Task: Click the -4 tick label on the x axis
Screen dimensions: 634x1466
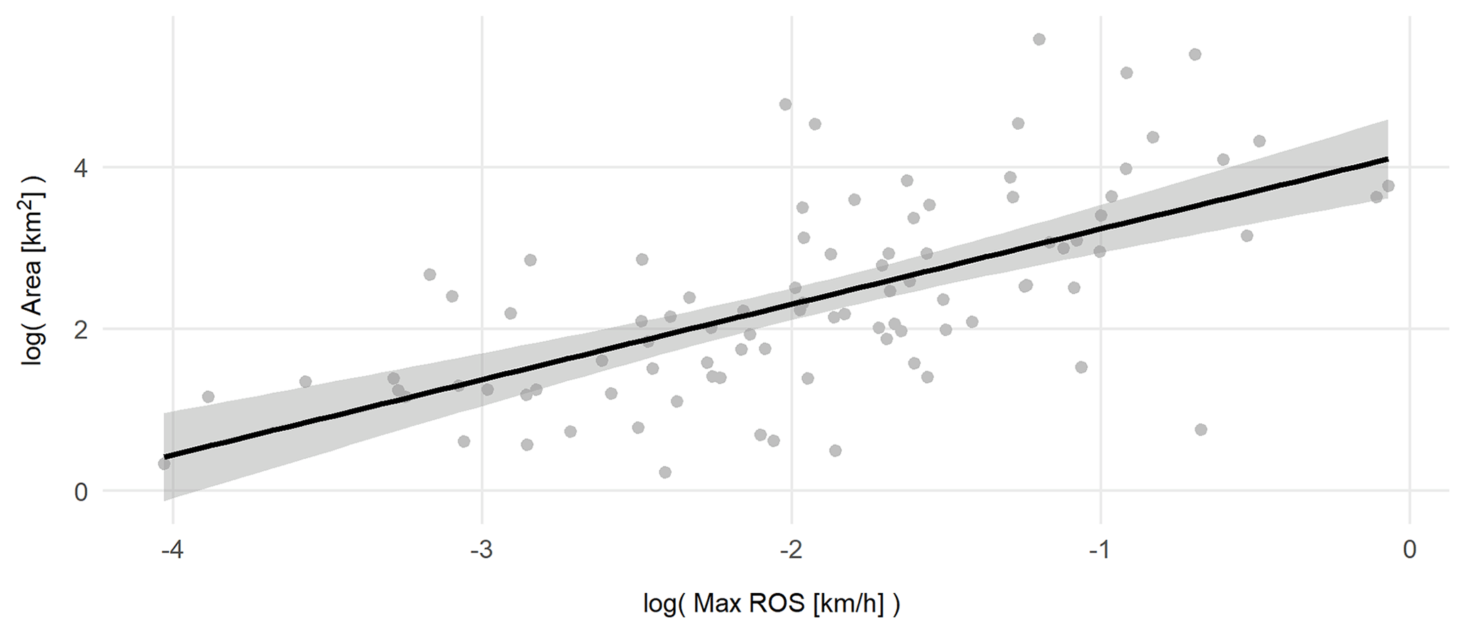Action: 172,550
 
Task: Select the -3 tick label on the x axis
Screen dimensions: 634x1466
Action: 482,550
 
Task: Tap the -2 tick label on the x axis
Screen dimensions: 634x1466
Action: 791,550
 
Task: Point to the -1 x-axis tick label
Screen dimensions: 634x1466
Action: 1100,550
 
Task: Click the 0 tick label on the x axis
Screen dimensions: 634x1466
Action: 1409,550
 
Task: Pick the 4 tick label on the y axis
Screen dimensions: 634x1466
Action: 80,168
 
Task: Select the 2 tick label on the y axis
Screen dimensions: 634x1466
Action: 80,330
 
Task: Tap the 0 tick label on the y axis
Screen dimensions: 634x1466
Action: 80,491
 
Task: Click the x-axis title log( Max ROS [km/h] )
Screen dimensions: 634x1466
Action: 771,604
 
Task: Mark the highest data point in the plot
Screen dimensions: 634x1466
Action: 1039,40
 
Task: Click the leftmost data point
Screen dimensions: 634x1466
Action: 164,464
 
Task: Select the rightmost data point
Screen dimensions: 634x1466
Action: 1388,186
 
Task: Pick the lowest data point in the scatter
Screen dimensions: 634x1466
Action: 665,472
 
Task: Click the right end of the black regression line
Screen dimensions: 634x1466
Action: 1387,159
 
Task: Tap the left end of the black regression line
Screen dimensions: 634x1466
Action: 165,457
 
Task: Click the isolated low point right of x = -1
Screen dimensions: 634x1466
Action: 1201,430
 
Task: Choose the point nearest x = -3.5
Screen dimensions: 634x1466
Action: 305,382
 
